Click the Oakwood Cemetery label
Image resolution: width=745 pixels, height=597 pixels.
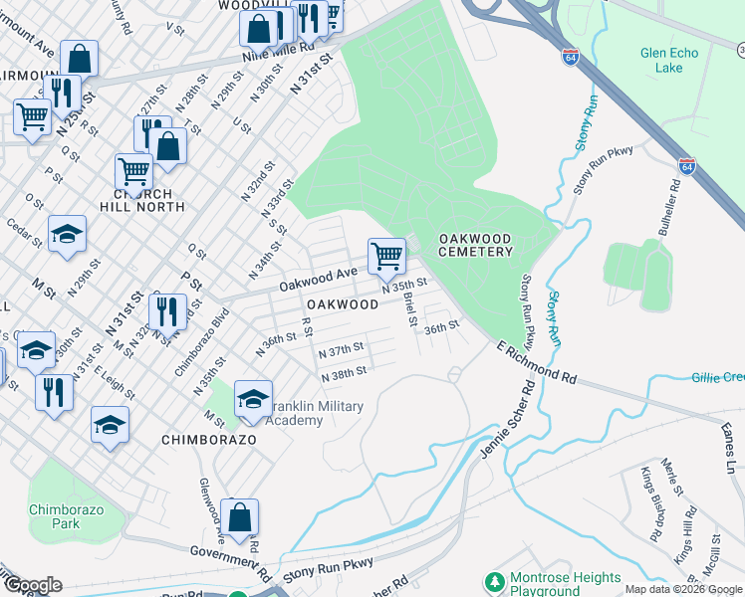(476, 245)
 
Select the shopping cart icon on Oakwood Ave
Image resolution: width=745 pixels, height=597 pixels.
(386, 256)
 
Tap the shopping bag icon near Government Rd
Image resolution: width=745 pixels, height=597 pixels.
(240, 516)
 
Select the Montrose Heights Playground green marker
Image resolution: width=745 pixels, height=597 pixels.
(492, 579)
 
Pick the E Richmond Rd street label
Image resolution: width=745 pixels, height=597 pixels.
(537, 363)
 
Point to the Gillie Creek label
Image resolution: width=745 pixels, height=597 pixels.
(718, 377)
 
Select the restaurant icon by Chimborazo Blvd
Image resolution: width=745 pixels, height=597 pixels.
(168, 310)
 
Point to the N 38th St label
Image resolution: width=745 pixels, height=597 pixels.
(345, 372)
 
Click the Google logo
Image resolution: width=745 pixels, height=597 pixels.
(32, 585)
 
